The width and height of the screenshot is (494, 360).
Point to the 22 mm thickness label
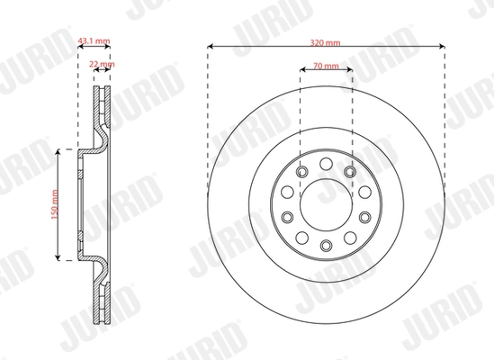[x=103, y=65]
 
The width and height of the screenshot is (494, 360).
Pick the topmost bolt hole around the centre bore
[x=325, y=165]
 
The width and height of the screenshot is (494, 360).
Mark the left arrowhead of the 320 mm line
[x=211, y=45]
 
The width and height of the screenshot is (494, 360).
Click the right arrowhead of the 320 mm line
[x=443, y=45]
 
